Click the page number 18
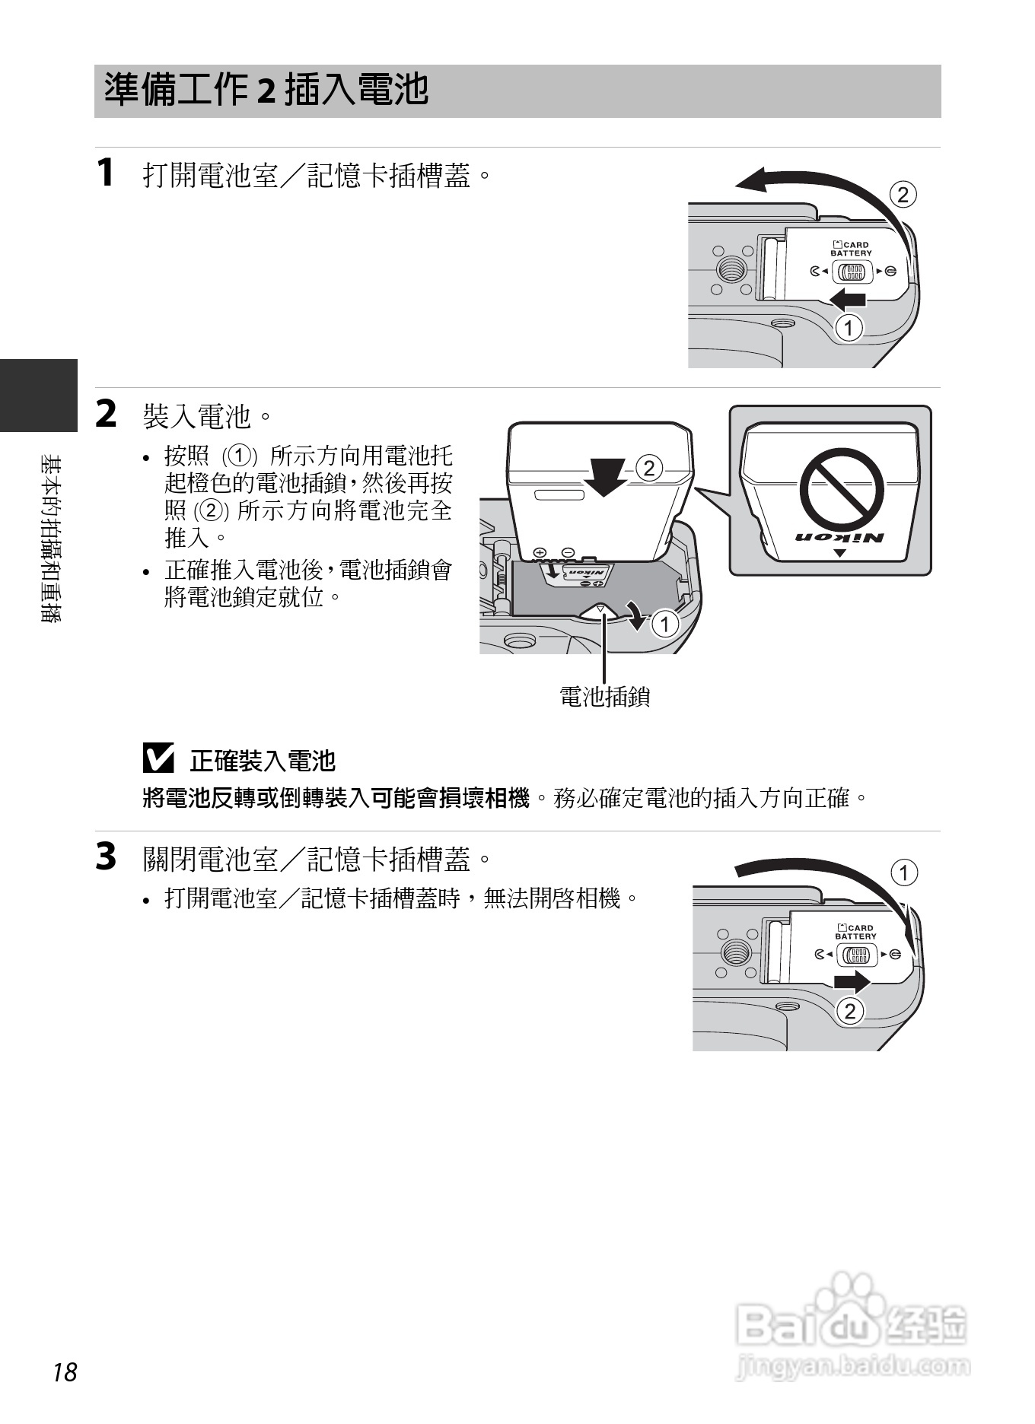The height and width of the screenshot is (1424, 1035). coord(65,1372)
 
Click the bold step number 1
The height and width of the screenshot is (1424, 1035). coord(107,172)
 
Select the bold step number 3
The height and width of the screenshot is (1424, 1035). coord(107,856)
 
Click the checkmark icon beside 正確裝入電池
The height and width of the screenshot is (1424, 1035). coord(158,758)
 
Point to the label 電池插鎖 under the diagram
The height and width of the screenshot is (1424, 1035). coord(604,696)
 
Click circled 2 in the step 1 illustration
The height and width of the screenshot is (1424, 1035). coord(903,195)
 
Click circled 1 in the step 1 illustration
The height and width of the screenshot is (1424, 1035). coord(849,329)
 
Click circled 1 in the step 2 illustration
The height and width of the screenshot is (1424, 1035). coord(665,625)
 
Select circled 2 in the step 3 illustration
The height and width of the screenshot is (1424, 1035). coord(850,1011)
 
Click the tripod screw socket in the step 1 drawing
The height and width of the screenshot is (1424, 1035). coord(732,269)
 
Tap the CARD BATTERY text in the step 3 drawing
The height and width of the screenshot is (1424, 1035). coord(855,932)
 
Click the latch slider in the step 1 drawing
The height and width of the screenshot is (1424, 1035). coord(851,272)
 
